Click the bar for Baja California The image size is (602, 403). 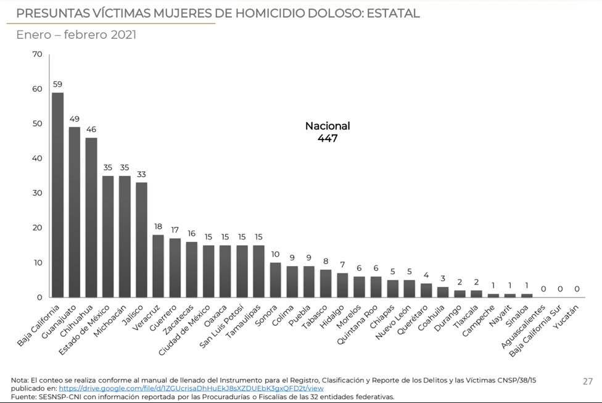click(x=58, y=195)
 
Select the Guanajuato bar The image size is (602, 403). click(x=75, y=212)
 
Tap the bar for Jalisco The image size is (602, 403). click(x=141, y=239)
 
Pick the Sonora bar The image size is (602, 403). click(x=275, y=280)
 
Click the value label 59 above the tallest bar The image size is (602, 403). click(x=57, y=85)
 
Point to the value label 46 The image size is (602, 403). click(x=91, y=130)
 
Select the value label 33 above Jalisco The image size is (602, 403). click(x=141, y=175)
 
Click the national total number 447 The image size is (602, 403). click(x=328, y=138)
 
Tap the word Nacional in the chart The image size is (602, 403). click(x=328, y=126)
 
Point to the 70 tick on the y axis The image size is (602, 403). click(x=37, y=55)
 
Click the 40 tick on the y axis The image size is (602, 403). click(x=37, y=159)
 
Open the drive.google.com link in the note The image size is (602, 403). click(x=191, y=389)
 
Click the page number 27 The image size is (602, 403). click(x=587, y=381)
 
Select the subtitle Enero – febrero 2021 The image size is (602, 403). click(x=76, y=35)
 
